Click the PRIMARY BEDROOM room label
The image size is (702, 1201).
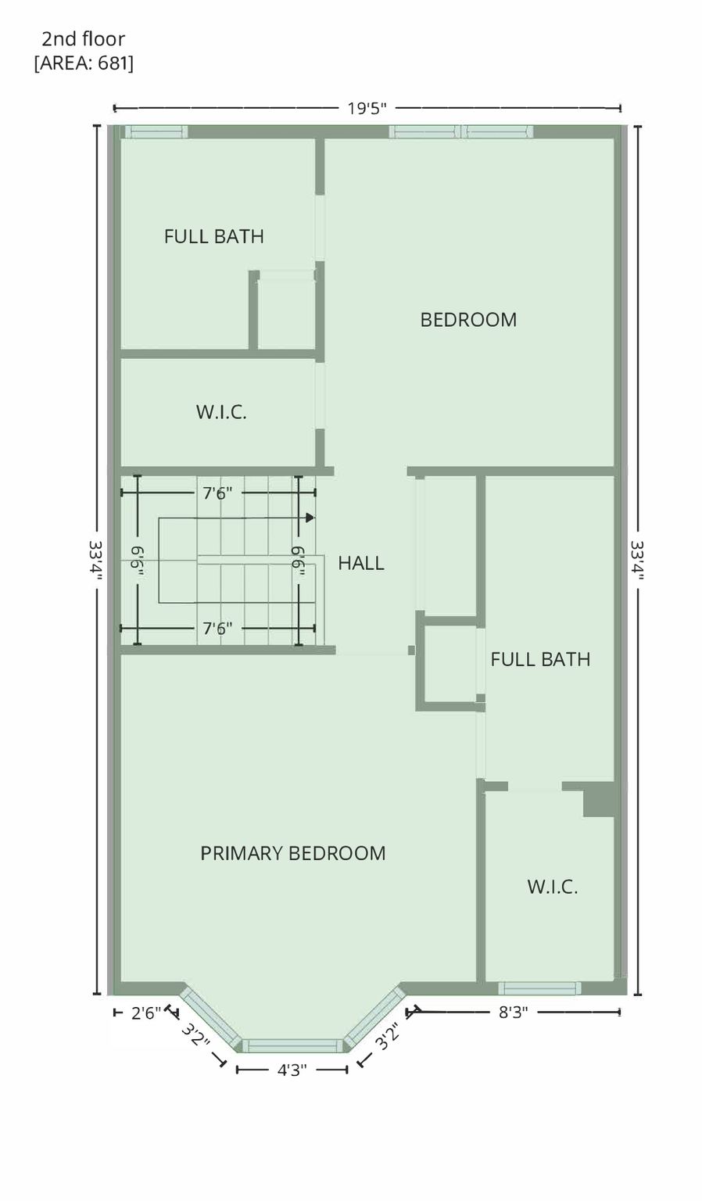pyautogui.click(x=292, y=853)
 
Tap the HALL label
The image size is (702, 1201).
pyautogui.click(x=361, y=563)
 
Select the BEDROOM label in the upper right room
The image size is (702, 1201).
pyautogui.click(x=468, y=320)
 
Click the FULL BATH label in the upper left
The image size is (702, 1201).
pyautogui.click(x=214, y=236)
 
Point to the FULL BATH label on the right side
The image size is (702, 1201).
pyautogui.click(x=540, y=659)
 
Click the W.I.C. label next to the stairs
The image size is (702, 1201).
pyautogui.click(x=221, y=412)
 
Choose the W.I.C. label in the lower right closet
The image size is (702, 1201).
pyautogui.click(x=553, y=887)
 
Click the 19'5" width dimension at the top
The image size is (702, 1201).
pyautogui.click(x=367, y=109)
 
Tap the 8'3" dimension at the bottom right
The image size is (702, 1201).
pyautogui.click(x=514, y=1013)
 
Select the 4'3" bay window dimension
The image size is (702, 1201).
pyautogui.click(x=292, y=1070)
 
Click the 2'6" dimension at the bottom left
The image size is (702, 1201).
pyautogui.click(x=146, y=1013)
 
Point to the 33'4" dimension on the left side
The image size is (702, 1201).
pyautogui.click(x=96, y=560)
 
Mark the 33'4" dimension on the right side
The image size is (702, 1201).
pyautogui.click(x=638, y=560)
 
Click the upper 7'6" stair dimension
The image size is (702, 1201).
pyautogui.click(x=217, y=493)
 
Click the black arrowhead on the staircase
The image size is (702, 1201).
pyautogui.click(x=310, y=518)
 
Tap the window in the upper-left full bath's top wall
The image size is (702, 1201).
pyautogui.click(x=156, y=132)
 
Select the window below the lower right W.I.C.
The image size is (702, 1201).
pyautogui.click(x=539, y=988)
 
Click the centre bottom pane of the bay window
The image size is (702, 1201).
pyautogui.click(x=292, y=1046)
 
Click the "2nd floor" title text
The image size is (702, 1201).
pyautogui.click(x=84, y=39)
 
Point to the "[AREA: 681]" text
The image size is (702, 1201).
pyautogui.click(x=84, y=63)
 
